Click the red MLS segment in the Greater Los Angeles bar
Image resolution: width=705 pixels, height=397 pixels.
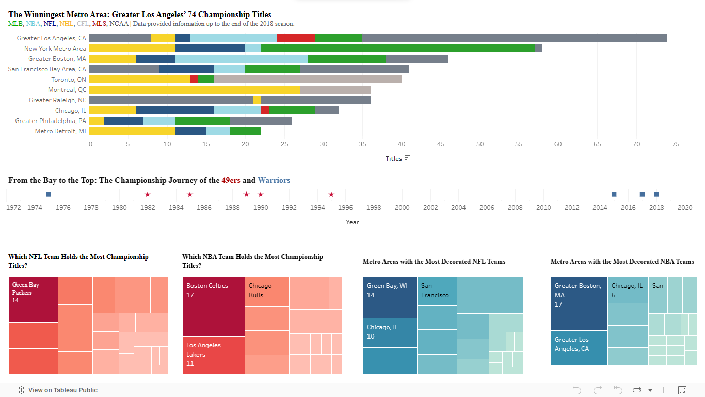(296, 38)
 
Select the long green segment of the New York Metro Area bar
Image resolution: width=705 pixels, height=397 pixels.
(397, 48)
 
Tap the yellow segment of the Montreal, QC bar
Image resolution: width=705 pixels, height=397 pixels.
(194, 89)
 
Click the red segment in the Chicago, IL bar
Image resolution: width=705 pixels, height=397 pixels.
(265, 110)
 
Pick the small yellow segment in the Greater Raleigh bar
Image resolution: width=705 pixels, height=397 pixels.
(257, 100)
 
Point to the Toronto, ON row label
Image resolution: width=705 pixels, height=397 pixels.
(69, 80)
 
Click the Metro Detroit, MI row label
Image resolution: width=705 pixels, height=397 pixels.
(60, 131)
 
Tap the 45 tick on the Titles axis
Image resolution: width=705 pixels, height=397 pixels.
(441, 144)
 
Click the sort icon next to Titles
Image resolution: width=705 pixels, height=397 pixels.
(408, 158)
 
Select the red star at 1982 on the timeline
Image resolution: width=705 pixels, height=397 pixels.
(148, 194)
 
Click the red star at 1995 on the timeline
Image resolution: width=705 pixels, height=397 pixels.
(331, 194)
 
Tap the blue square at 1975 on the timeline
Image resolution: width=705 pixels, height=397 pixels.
(49, 194)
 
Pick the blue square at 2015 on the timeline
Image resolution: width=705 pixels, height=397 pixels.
(614, 194)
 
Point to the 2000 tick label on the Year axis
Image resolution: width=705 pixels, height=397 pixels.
(402, 208)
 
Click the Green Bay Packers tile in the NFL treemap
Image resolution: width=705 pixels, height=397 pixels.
(33, 299)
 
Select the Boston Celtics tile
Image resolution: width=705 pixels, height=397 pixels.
(213, 306)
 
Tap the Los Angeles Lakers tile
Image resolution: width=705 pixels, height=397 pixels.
(213, 355)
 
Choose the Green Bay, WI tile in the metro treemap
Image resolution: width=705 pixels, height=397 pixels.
(390, 297)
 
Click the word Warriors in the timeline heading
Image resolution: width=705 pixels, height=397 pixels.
(274, 180)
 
